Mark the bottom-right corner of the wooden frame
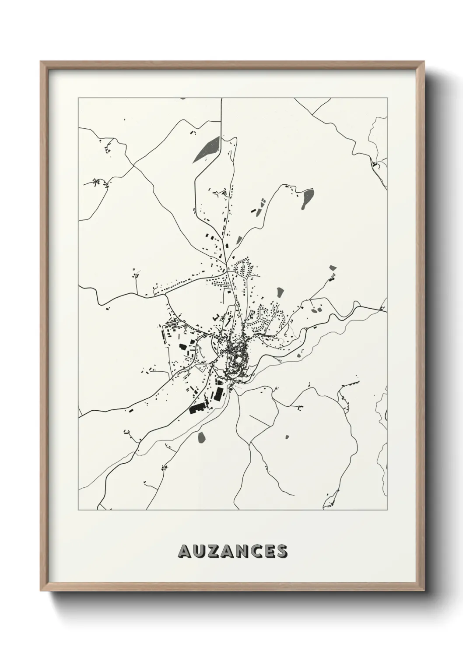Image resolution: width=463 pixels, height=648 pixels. tap(422, 592)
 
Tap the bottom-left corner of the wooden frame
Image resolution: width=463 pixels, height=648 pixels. tap(41, 592)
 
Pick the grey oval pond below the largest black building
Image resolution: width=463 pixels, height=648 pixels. tap(202, 437)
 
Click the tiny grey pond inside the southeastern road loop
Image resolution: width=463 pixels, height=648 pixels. tap(288, 437)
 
